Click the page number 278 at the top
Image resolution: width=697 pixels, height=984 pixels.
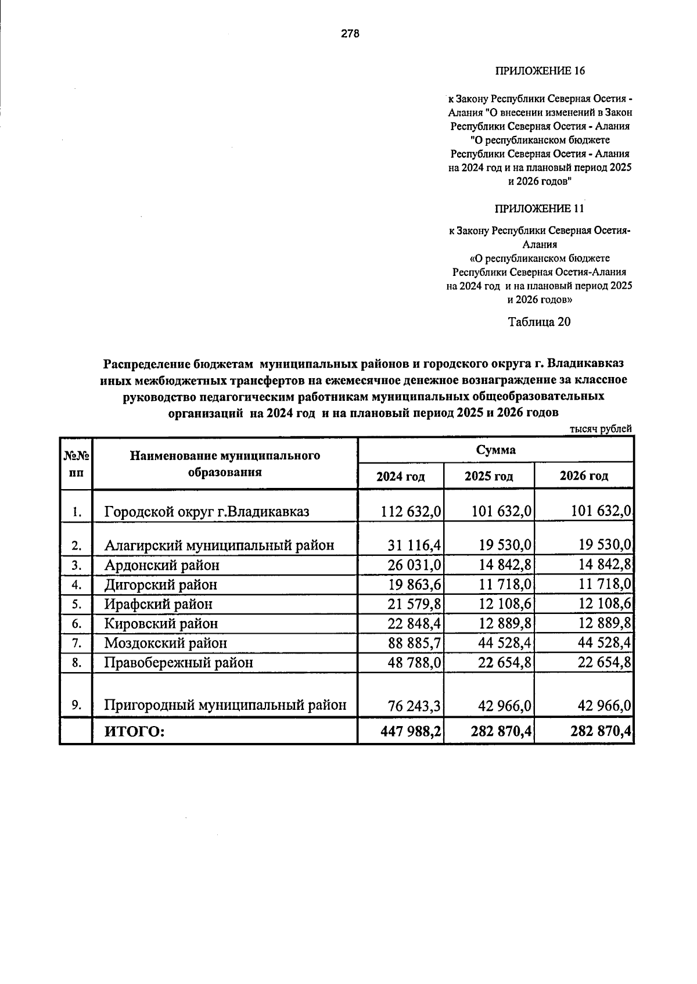click(350, 34)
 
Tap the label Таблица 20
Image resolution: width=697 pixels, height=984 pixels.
click(540, 322)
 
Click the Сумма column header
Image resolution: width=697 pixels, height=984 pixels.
click(495, 450)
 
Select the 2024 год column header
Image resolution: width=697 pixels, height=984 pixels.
click(400, 476)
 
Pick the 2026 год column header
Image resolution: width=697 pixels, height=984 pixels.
click(584, 476)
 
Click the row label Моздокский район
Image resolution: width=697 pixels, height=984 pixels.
click(166, 643)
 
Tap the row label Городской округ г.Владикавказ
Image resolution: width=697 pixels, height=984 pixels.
click(207, 512)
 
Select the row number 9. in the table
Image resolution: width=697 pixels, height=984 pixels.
click(76, 705)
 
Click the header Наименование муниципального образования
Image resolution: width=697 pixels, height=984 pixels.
click(225, 464)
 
